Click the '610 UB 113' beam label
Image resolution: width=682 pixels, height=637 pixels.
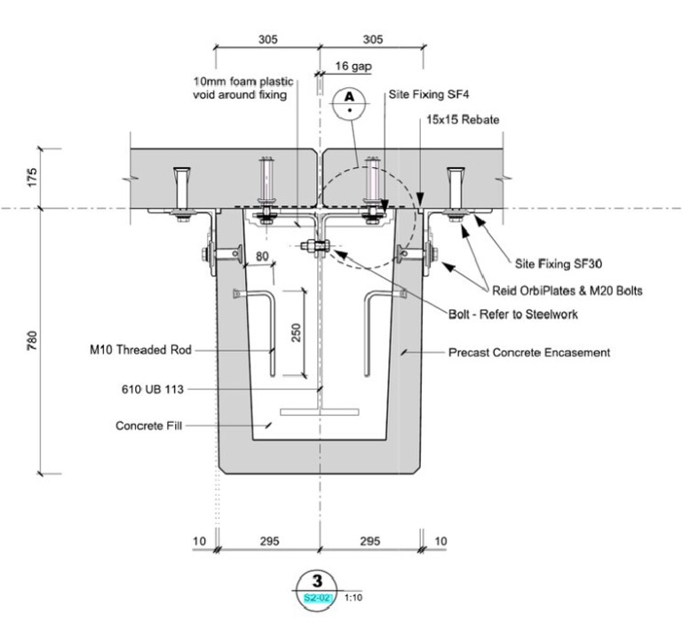coord(153,388)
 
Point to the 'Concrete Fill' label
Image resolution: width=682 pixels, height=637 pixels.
coord(148,426)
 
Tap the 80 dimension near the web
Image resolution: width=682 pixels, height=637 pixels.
coord(261,259)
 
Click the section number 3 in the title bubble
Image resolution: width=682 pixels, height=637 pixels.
coord(318,583)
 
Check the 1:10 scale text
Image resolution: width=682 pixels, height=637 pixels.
coord(353,597)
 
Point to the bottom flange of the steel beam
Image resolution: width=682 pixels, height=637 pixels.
coord(319,412)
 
